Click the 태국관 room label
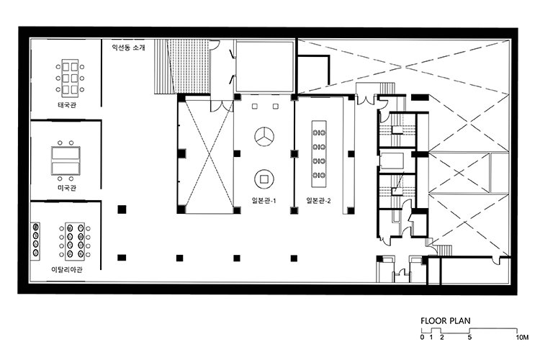(67, 104)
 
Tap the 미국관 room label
(67, 188)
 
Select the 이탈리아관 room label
(67, 269)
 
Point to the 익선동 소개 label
(128, 48)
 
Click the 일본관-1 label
(264, 200)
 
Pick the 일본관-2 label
(318, 200)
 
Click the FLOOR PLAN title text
(445, 321)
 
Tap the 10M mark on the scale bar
(522, 337)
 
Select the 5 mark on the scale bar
(469, 337)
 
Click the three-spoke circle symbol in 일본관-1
(264, 136)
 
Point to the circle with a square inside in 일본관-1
(264, 179)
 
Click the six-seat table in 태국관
(71, 78)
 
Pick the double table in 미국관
(66, 161)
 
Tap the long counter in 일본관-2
(319, 153)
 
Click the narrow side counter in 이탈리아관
(35, 240)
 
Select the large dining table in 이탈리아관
(75, 240)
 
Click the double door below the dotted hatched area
(222, 106)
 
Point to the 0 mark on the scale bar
(422, 337)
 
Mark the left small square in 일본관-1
(254, 107)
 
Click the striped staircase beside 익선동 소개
(163, 66)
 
